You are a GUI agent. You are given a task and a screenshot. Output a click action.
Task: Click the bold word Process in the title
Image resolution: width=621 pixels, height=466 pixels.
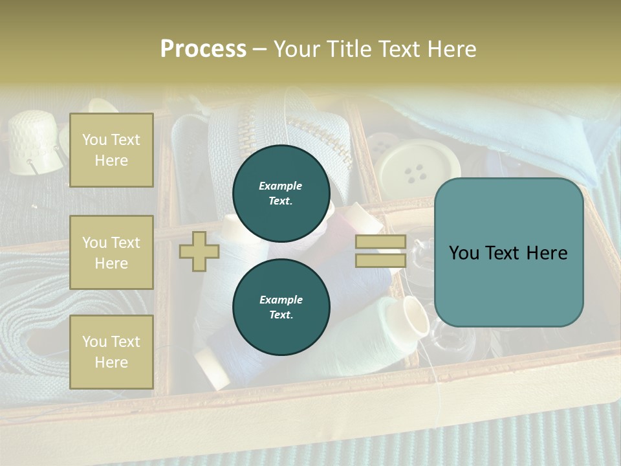(x=203, y=49)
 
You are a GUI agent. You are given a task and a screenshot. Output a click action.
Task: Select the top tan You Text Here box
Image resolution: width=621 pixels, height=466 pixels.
(x=111, y=150)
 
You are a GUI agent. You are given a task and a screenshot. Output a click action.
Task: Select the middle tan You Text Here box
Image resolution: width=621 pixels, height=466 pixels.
(x=111, y=252)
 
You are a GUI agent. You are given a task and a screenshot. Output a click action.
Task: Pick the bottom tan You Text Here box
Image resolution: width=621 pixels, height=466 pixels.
(x=111, y=352)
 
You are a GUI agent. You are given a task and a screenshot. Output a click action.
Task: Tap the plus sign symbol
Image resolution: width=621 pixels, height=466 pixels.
(x=199, y=252)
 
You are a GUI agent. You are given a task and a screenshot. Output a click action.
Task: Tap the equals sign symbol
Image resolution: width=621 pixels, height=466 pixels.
(x=380, y=251)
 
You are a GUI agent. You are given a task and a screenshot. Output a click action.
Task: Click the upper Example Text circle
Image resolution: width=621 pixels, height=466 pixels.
(x=281, y=194)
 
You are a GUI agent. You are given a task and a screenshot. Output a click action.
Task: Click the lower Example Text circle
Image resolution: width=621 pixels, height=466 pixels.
(x=281, y=307)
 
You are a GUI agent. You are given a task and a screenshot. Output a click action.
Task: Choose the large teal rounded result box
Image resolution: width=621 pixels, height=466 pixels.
(x=509, y=252)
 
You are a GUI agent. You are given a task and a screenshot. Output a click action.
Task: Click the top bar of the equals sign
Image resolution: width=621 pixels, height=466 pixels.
(x=380, y=241)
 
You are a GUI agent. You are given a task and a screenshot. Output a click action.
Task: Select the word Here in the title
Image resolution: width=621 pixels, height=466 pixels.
(x=451, y=49)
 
